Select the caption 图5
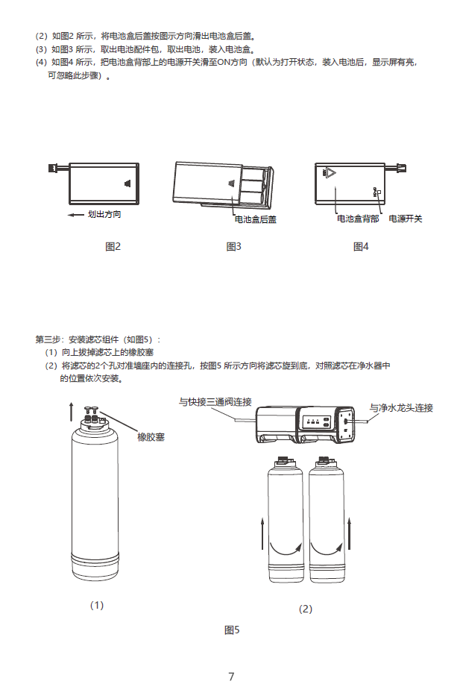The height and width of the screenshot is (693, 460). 232,630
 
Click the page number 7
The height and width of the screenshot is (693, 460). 231,677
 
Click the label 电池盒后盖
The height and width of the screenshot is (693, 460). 256,219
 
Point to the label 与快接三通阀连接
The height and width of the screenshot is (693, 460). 215,401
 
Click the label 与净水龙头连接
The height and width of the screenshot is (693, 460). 401,408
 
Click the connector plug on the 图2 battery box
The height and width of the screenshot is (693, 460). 54,167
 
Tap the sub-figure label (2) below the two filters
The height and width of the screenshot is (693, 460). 306,609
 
